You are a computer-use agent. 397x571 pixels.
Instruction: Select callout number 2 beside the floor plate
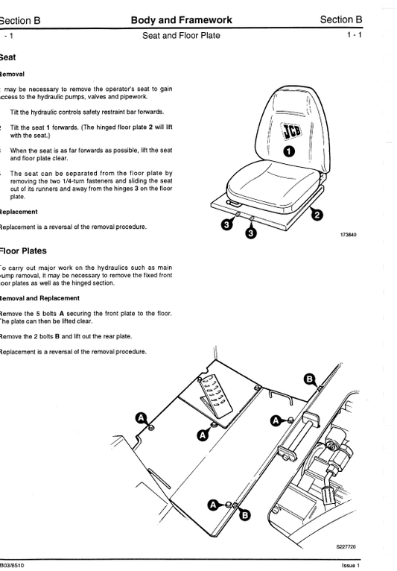pos(316,215)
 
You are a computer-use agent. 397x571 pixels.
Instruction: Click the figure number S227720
pos(346,547)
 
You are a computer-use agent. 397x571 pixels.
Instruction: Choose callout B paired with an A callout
pos(245,514)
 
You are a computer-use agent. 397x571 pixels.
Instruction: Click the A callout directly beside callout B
pos(214,505)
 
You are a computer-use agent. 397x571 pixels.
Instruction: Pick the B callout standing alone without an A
pos(310,379)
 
